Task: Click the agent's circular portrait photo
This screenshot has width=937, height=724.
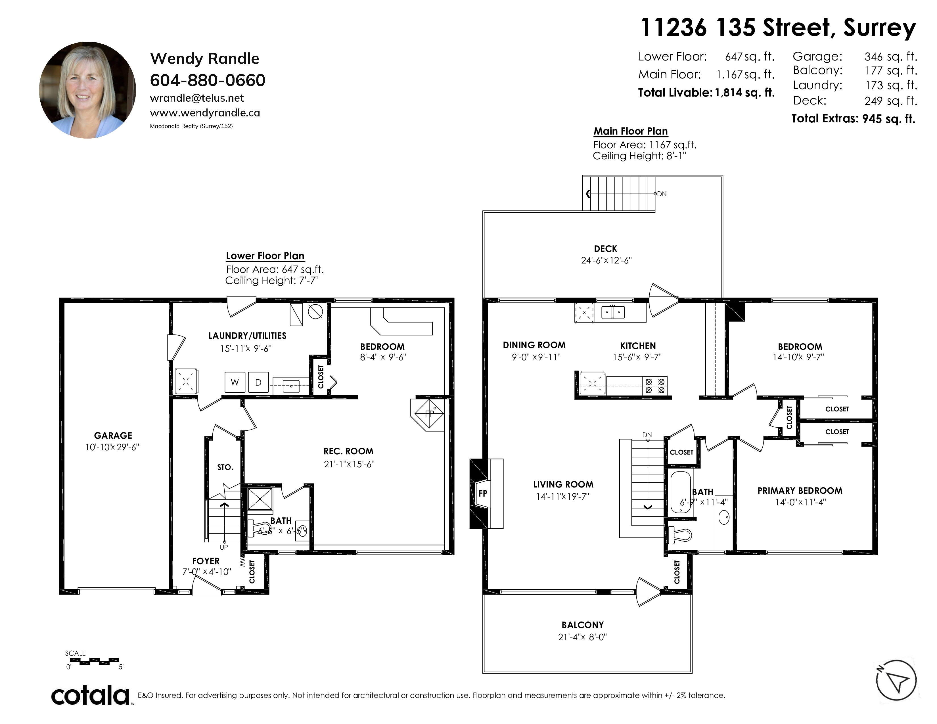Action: pyautogui.click(x=87, y=90)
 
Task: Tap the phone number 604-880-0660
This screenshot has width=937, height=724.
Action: pyautogui.click(x=208, y=80)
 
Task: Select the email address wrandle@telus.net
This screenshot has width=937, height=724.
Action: pyautogui.click(x=197, y=98)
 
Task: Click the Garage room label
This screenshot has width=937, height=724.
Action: pyautogui.click(x=113, y=435)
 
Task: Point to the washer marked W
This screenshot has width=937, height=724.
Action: pyautogui.click(x=235, y=382)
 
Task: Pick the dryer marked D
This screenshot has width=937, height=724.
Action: pyautogui.click(x=258, y=382)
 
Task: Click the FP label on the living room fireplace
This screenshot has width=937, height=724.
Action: pyautogui.click(x=483, y=493)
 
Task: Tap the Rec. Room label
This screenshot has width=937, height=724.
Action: pyautogui.click(x=348, y=451)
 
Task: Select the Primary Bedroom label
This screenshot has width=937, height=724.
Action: pyautogui.click(x=800, y=491)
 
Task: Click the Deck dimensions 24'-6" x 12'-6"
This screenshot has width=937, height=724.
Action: pyautogui.click(x=606, y=260)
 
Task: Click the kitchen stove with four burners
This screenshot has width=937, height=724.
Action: pyautogui.click(x=655, y=385)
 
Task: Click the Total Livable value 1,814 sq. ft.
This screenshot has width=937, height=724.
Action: pyautogui.click(x=744, y=93)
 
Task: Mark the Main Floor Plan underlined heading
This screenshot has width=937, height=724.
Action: pyautogui.click(x=631, y=131)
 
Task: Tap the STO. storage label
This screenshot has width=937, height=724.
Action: pyautogui.click(x=225, y=467)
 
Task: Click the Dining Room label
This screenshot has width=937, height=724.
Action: pyautogui.click(x=534, y=345)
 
